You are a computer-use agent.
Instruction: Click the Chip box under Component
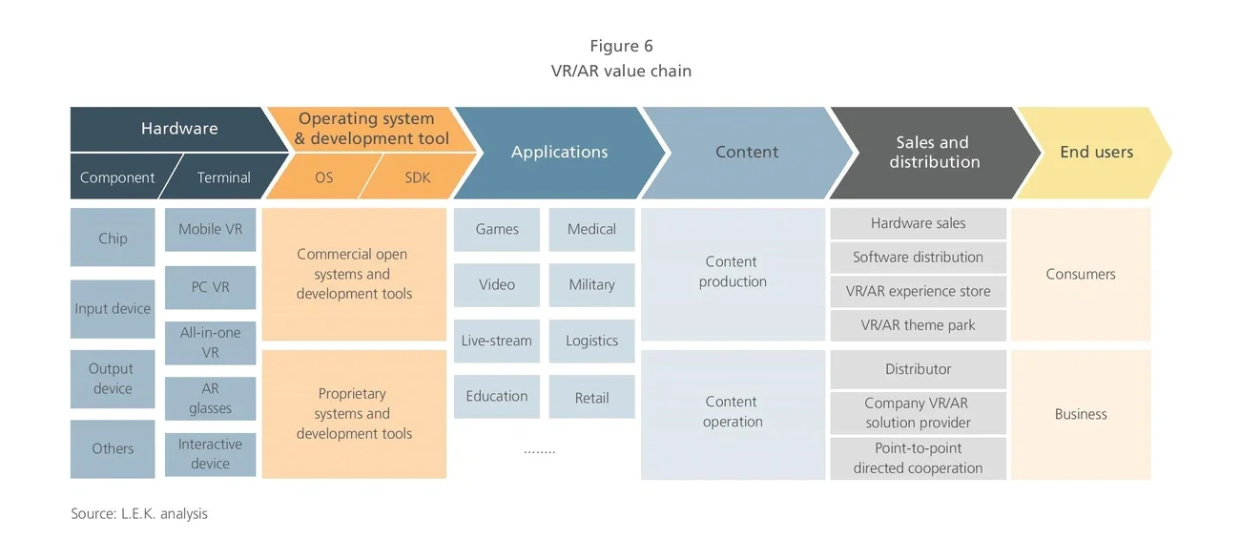tap(113, 238)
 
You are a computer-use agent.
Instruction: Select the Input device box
tap(113, 309)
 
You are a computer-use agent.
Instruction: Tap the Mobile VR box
tap(210, 230)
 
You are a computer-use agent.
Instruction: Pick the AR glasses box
tap(210, 399)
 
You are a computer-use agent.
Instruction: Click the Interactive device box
tap(210, 454)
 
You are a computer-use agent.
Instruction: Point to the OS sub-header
tap(323, 177)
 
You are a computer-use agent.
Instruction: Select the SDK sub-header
tap(418, 177)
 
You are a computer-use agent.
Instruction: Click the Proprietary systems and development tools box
tap(354, 414)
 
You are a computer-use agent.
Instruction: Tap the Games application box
tap(497, 230)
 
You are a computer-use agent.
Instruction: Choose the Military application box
tap(591, 285)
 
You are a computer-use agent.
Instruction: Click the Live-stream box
tap(497, 342)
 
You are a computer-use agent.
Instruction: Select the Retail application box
tap(591, 398)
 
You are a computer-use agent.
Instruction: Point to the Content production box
tap(733, 273)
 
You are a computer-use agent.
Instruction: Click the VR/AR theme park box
tap(918, 325)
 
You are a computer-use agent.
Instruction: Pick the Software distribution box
tap(918, 258)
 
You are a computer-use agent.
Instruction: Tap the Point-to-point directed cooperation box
tap(918, 459)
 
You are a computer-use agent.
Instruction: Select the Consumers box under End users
tap(1081, 275)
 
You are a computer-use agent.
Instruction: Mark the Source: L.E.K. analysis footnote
tap(139, 514)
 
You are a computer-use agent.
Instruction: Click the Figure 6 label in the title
tap(621, 46)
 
